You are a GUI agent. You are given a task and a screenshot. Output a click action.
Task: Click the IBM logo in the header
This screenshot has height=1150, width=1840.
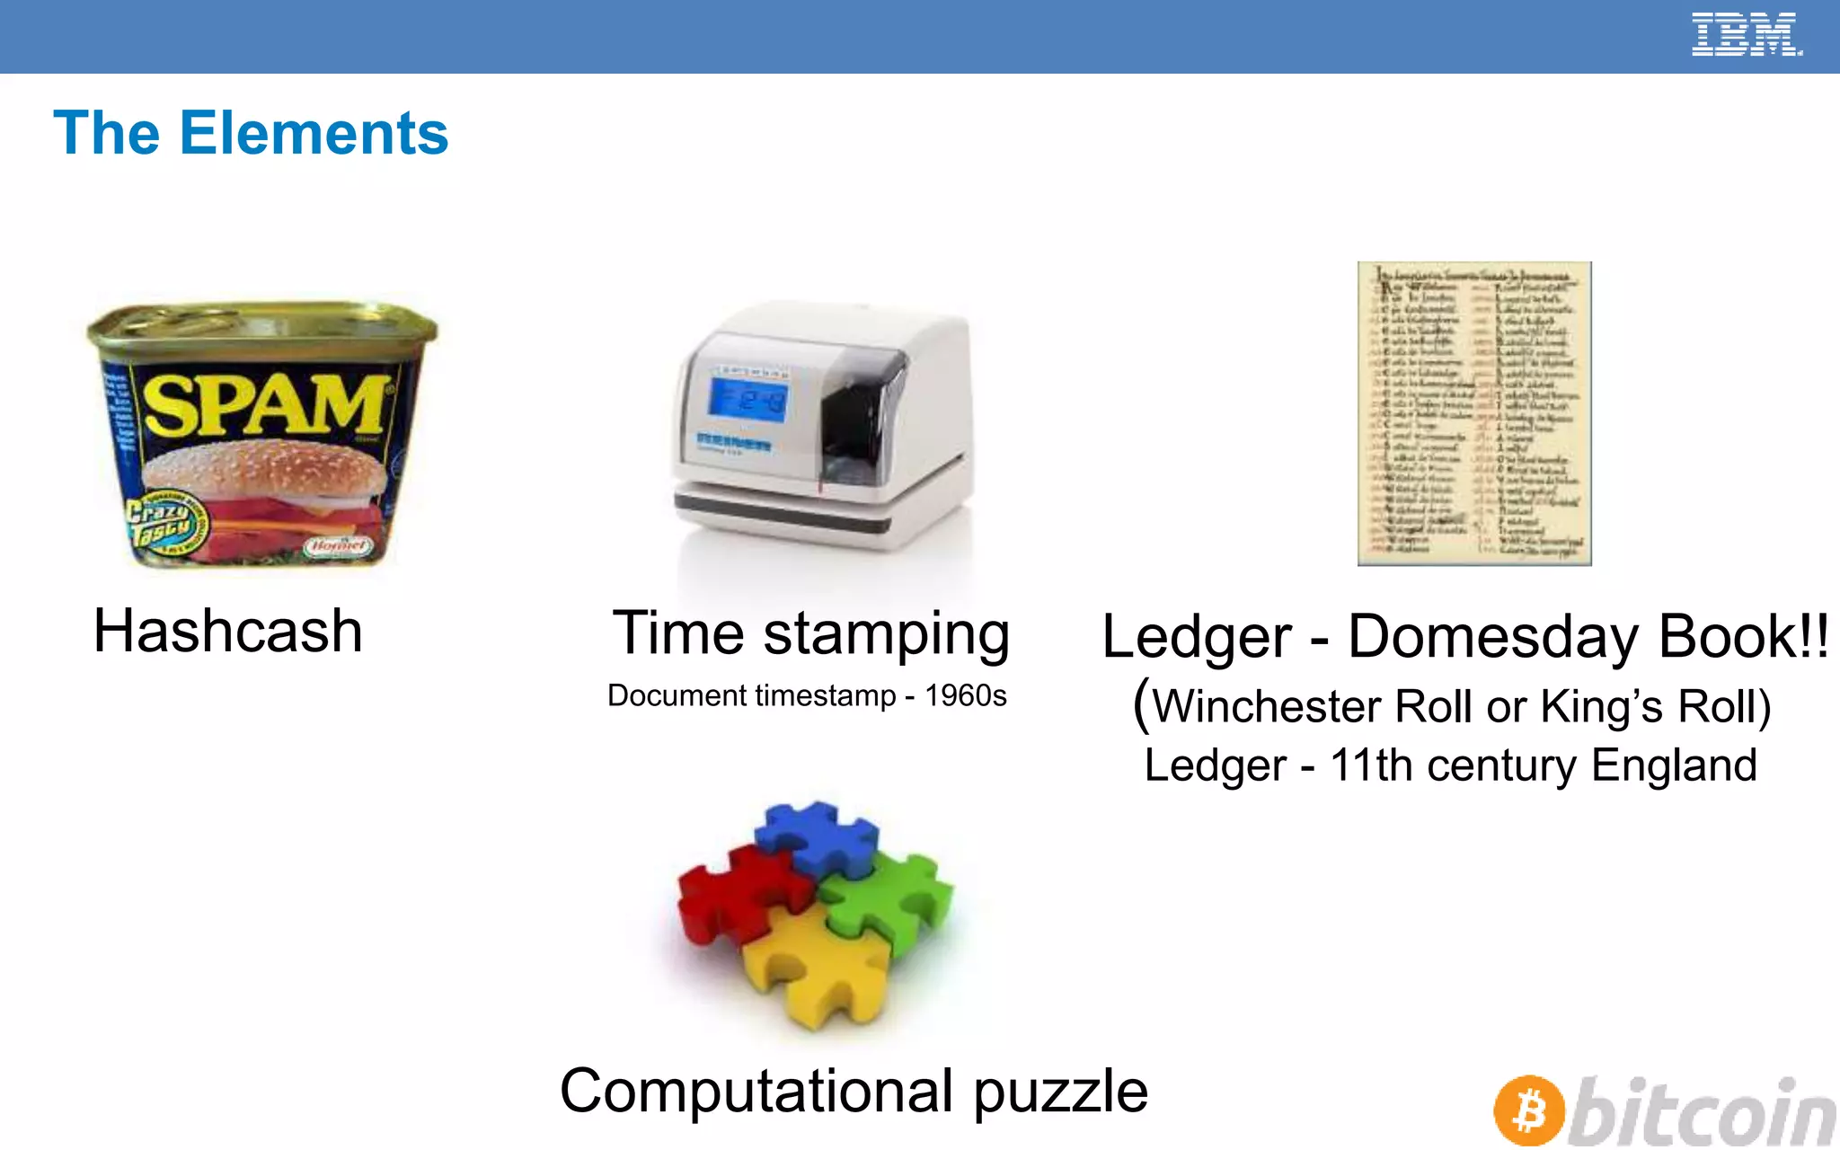1746,35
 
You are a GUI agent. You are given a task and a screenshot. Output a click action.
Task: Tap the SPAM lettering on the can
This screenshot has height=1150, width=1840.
266,404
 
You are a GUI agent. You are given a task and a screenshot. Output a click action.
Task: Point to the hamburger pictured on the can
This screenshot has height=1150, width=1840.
266,481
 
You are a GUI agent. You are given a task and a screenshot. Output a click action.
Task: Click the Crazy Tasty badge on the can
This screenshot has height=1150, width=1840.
162,523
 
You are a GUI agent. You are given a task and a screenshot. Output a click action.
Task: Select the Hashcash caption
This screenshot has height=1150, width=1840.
228,631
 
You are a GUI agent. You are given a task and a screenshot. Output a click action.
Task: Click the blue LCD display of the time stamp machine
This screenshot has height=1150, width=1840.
747,401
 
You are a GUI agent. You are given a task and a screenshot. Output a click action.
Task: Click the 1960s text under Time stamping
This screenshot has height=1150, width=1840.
966,695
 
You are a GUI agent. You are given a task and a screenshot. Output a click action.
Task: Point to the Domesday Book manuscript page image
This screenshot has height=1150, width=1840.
1474,413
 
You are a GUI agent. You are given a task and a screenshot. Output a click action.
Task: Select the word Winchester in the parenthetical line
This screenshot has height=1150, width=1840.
1267,706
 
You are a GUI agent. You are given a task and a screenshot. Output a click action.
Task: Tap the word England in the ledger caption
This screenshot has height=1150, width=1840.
1674,765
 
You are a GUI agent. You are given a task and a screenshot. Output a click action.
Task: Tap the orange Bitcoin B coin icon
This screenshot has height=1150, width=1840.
1530,1110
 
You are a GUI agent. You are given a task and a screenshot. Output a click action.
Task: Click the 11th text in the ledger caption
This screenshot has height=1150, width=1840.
1371,765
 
